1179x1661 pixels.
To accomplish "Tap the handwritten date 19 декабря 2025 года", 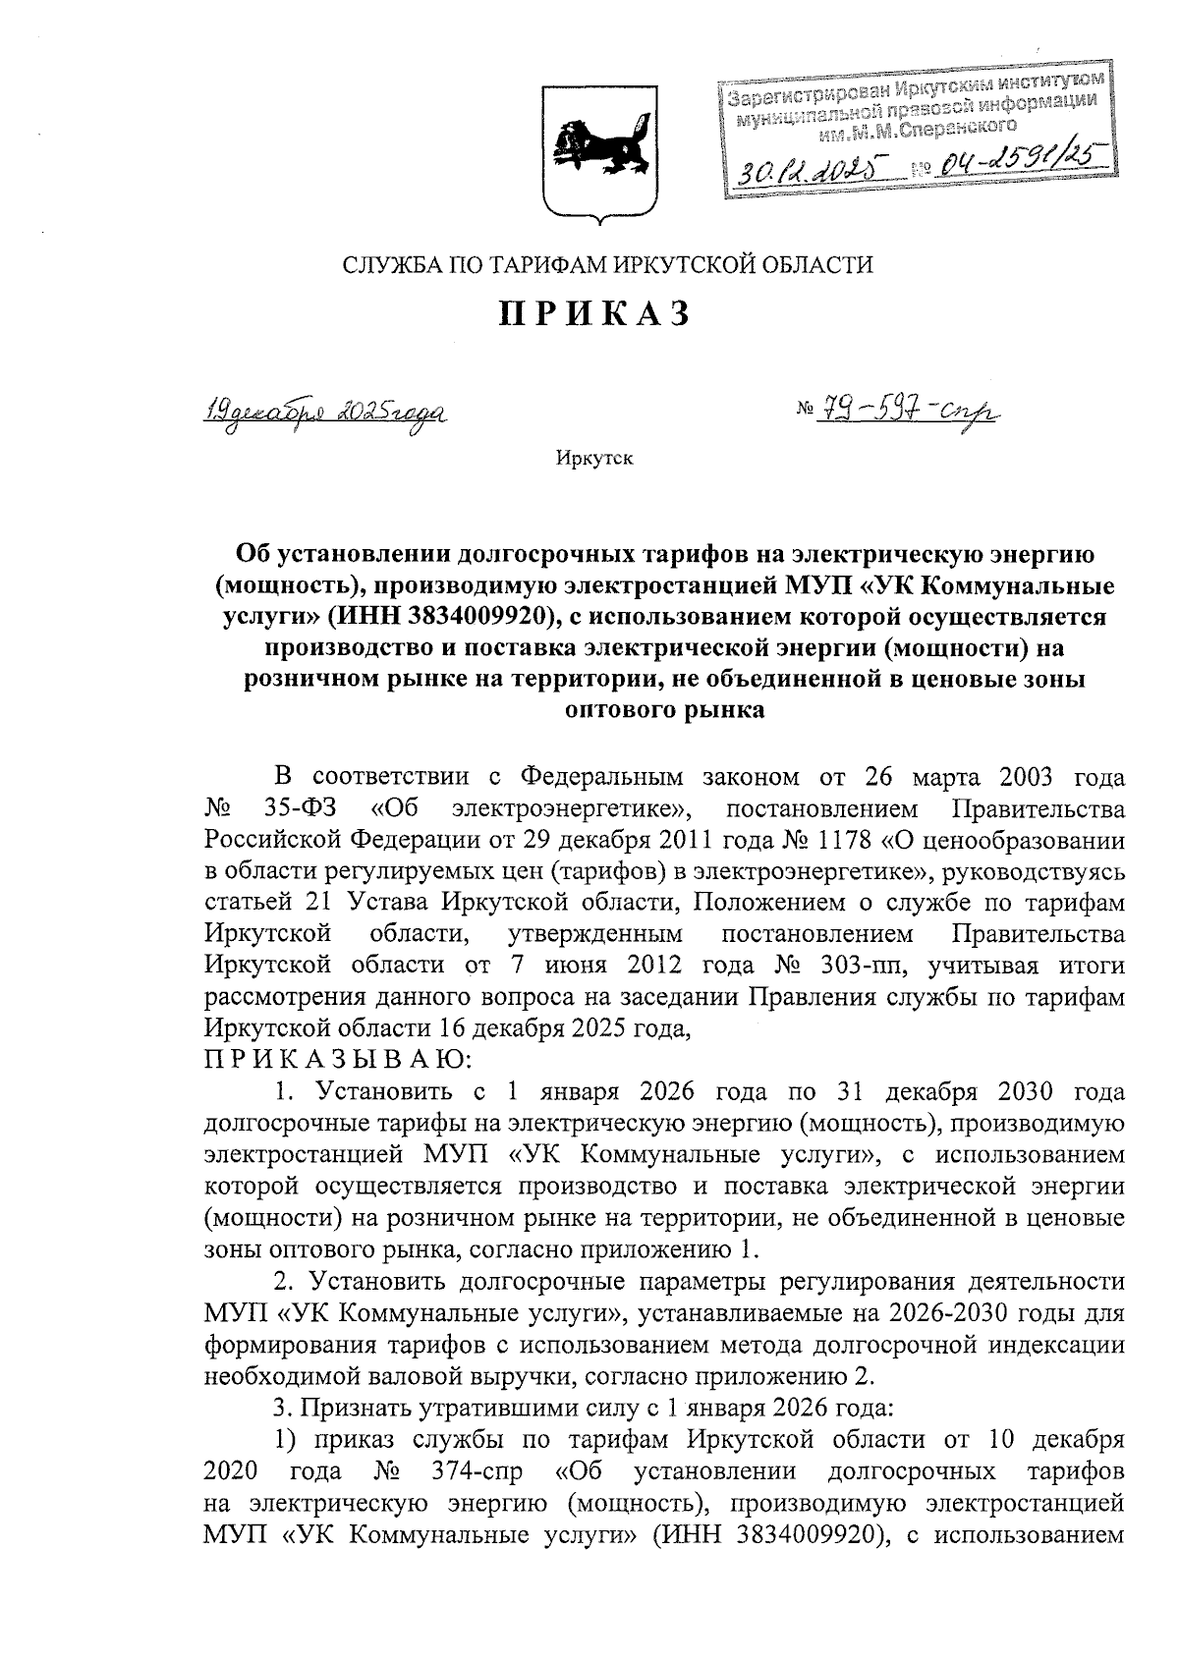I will click(312, 411).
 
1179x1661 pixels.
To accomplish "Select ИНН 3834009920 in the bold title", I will click(437, 618).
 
